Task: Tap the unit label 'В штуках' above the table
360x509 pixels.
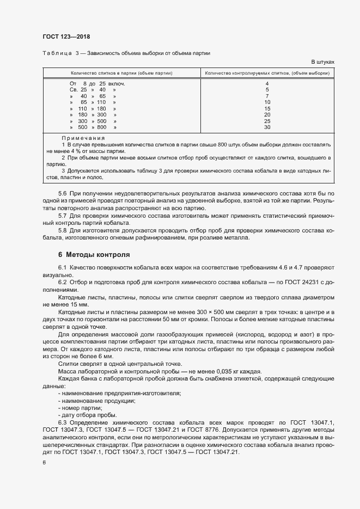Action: (x=322, y=62)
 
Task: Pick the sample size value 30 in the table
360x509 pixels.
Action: (x=267, y=127)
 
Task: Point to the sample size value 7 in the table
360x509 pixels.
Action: (x=267, y=96)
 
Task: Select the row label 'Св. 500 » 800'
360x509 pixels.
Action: (x=93, y=127)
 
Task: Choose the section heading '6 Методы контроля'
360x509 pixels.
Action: (x=93, y=254)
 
